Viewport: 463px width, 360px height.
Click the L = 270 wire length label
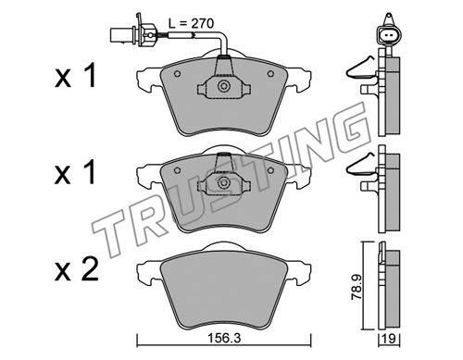coord(191,23)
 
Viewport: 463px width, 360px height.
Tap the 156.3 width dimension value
coord(224,339)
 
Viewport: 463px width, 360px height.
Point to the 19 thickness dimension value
coord(390,339)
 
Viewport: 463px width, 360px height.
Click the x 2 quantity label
coord(76,269)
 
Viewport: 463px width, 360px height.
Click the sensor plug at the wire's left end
coord(132,32)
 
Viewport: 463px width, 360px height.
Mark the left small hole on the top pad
coord(177,74)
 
